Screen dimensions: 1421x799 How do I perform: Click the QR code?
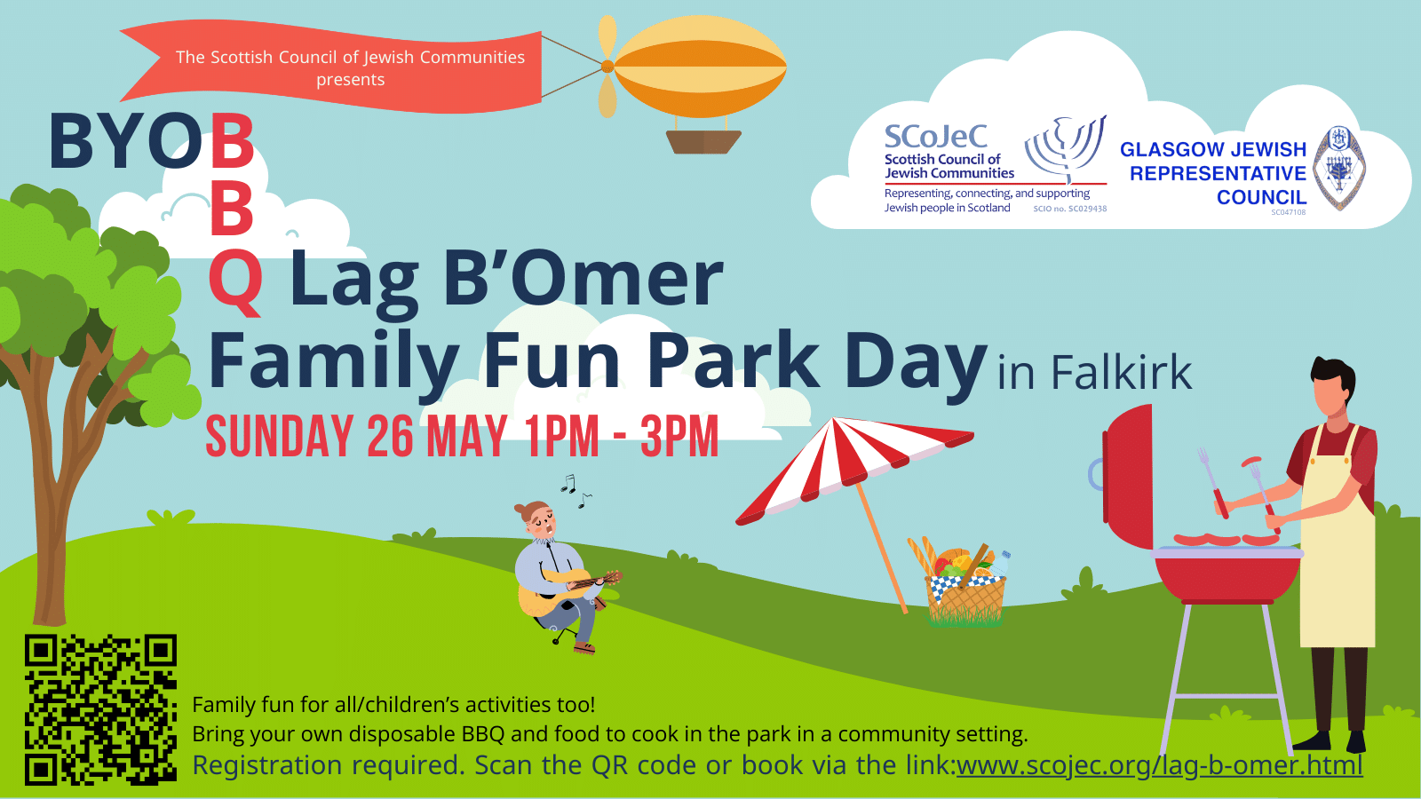click(x=101, y=709)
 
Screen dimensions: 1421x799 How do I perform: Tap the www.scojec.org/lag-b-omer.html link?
click(x=1159, y=765)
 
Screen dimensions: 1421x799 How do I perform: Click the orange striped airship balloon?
click(x=700, y=66)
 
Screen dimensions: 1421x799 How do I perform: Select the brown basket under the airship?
click(x=703, y=142)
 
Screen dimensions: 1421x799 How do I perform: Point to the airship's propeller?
click(x=607, y=67)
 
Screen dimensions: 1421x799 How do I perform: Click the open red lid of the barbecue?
click(x=1128, y=476)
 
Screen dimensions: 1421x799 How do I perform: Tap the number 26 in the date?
click(x=390, y=436)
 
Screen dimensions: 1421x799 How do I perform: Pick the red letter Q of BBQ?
click(x=235, y=281)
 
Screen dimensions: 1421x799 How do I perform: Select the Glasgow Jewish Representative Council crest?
click(x=1339, y=168)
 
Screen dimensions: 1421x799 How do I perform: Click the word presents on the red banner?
click(x=350, y=80)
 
